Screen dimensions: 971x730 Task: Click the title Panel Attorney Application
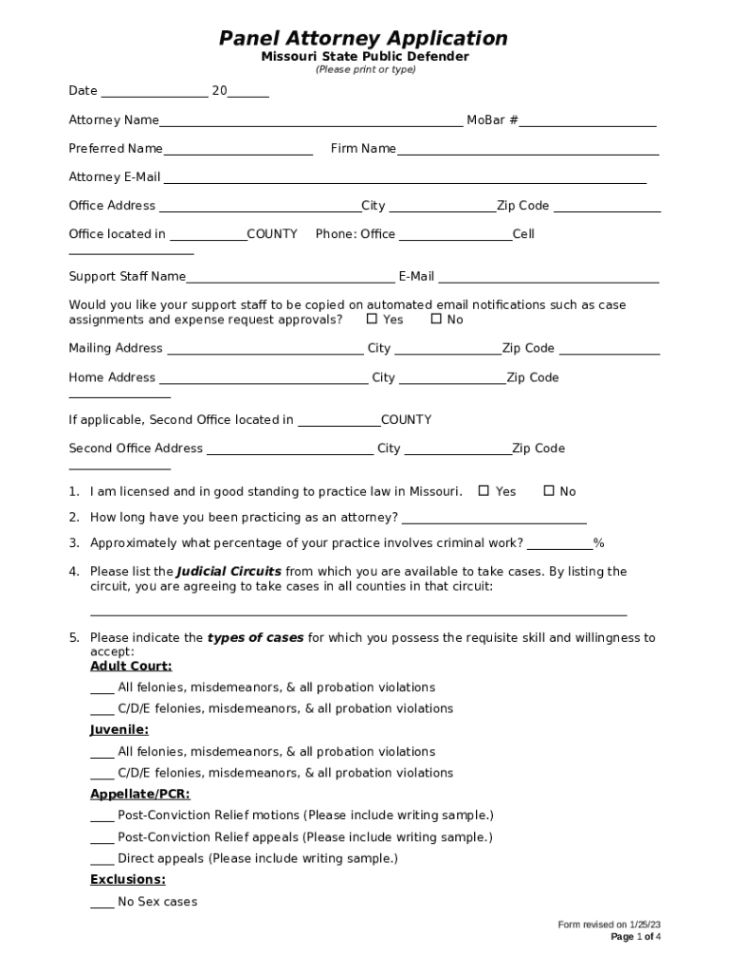tap(364, 38)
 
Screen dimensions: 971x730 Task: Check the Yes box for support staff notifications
tap(373, 320)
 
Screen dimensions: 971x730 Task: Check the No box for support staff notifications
tap(436, 320)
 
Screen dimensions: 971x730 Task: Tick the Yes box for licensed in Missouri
tap(484, 491)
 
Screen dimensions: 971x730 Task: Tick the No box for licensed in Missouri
tap(548, 491)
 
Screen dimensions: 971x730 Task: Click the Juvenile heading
tap(119, 730)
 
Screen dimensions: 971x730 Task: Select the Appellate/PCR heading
tap(140, 794)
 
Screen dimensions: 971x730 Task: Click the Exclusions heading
tap(128, 880)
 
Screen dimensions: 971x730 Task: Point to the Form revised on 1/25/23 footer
tap(609, 925)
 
